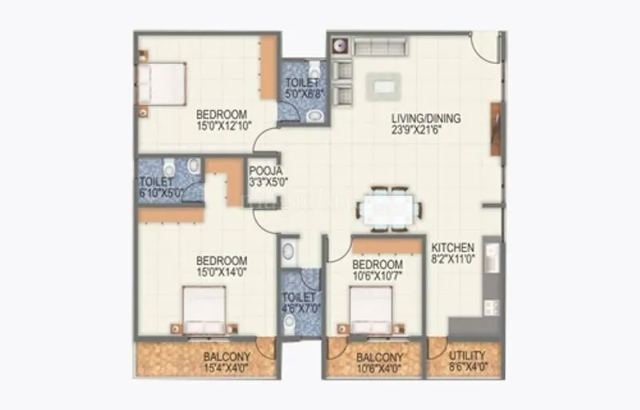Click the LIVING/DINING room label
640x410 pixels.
[x=426, y=119]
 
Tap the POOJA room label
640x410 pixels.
[x=262, y=171]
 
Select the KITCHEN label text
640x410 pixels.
[x=454, y=247]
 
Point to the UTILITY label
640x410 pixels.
[x=466, y=356]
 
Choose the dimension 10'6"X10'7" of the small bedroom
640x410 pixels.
[x=378, y=276]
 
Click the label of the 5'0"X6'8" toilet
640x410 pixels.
[x=302, y=82]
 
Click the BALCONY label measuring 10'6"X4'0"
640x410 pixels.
[x=378, y=356]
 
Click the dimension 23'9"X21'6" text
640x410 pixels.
[x=426, y=129]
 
